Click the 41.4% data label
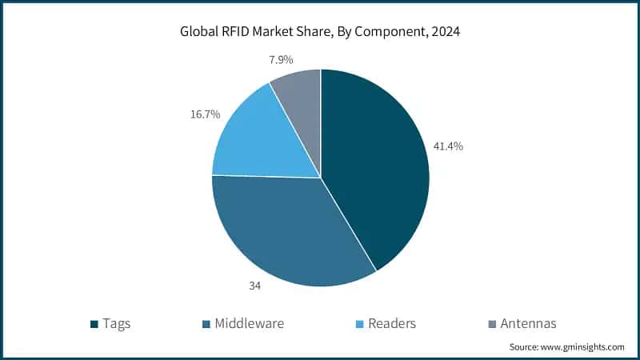448,146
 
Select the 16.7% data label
204,114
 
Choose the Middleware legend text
247,323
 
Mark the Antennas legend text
528,323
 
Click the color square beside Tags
94,324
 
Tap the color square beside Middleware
206,324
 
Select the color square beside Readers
358,324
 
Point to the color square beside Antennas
491,324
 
